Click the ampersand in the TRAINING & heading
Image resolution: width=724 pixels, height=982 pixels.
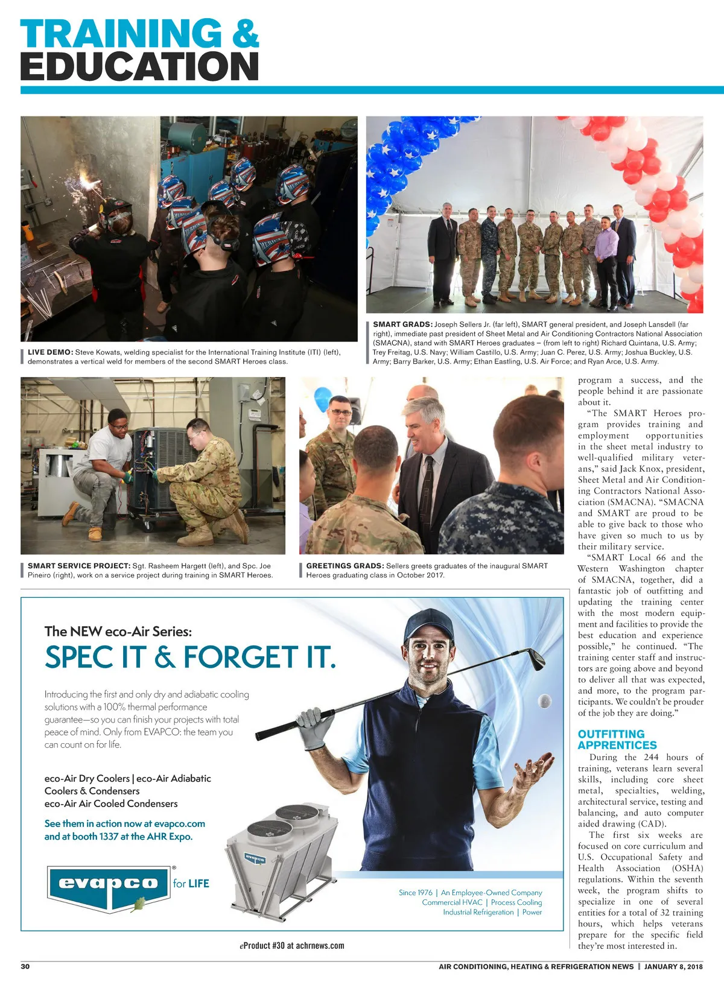pyautogui.click(x=244, y=34)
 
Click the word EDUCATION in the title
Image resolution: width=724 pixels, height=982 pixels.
pyautogui.click(x=140, y=66)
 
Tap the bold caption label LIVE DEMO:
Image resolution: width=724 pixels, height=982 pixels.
pyautogui.click(x=50, y=352)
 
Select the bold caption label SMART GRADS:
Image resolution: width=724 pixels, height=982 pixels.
pyautogui.click(x=402, y=325)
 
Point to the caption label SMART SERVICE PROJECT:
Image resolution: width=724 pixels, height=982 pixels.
pyautogui.click(x=78, y=566)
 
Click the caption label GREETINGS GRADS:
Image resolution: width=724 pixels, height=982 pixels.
pyautogui.click(x=345, y=566)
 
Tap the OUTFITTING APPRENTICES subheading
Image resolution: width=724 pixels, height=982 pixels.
pyautogui.click(x=617, y=740)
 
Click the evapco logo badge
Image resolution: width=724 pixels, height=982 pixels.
pyautogui.click(x=109, y=884)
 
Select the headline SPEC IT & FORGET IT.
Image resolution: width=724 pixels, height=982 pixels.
pyautogui.click(x=190, y=657)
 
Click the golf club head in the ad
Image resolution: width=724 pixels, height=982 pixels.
pyautogui.click(x=533, y=658)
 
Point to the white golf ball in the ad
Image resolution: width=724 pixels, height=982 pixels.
pyautogui.click(x=544, y=700)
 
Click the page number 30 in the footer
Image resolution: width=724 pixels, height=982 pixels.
pyautogui.click(x=25, y=966)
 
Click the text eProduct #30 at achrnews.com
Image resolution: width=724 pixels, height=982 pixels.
pyautogui.click(x=292, y=946)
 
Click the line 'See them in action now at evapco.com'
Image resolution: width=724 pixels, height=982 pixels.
pyautogui.click(x=125, y=824)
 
